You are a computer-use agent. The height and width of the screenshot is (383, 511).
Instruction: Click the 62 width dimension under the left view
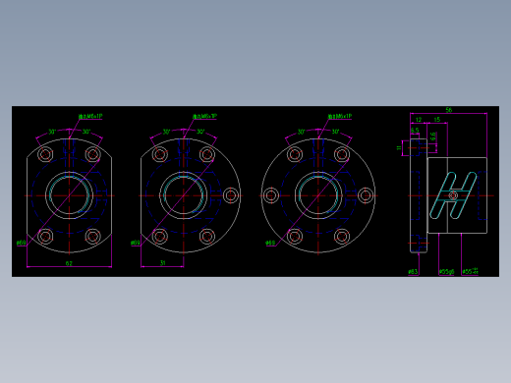pos(69,263)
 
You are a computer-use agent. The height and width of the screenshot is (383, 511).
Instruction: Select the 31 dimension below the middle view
pos(162,263)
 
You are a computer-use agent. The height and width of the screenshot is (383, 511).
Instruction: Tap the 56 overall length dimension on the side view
pos(448,110)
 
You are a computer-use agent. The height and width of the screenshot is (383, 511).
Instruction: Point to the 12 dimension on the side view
pos(418,120)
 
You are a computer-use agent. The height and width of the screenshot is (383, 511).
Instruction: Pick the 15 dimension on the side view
pos(436,120)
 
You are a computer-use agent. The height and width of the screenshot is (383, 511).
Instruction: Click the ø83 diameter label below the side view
pos(413,270)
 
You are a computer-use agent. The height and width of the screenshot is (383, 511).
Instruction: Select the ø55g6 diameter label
pos(445,270)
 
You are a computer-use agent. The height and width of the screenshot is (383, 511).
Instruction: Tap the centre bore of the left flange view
pos(69,194)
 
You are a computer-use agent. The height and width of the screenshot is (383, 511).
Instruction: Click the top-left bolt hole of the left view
pos(45,154)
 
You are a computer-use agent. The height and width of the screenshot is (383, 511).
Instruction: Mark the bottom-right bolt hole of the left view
pos(93,236)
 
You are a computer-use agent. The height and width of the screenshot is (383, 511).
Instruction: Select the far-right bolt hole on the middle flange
pos(231,195)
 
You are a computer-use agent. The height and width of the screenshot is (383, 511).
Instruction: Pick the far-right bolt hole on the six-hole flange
pos(366,195)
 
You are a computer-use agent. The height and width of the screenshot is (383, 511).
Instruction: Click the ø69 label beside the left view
pos(22,243)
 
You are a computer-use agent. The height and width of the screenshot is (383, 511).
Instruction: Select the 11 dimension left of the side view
pos(399,147)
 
